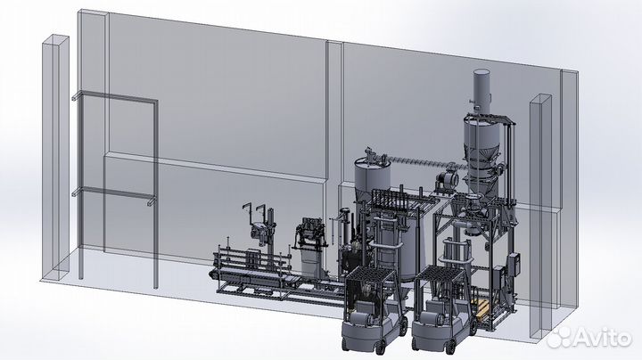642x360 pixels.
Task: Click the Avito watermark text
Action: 603,338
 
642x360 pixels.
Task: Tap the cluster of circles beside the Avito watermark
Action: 560,337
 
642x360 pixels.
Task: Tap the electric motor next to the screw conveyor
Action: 446,180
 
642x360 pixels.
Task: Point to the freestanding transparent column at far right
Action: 541,216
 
